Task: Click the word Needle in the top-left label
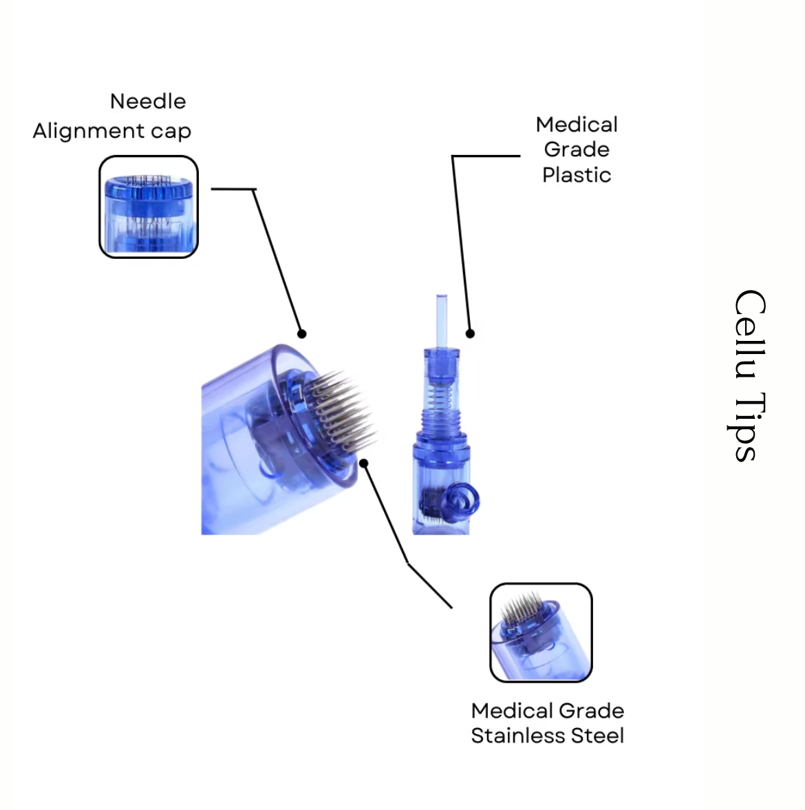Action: [148, 101]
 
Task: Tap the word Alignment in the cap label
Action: [89, 131]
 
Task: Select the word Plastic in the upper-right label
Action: [577, 175]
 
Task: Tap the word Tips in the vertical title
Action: [747, 427]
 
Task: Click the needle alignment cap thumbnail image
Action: [149, 207]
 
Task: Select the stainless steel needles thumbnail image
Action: [541, 633]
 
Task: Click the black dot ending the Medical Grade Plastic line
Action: [470, 333]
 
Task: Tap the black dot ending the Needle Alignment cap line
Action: [301, 333]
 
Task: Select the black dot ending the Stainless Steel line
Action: [365, 463]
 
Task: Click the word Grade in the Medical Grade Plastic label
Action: [577, 149]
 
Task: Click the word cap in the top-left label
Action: [171, 131]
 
